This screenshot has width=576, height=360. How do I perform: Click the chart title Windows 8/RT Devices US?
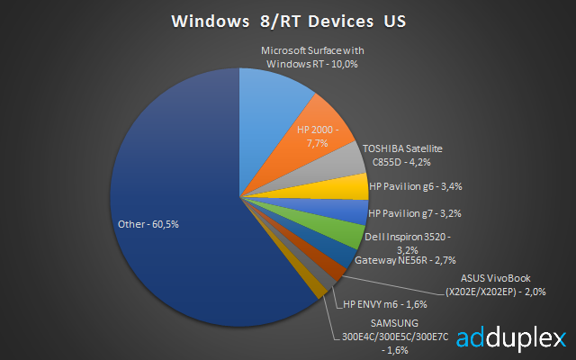289,22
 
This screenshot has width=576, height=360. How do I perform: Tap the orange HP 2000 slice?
312,139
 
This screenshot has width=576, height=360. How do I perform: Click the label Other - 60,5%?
148,224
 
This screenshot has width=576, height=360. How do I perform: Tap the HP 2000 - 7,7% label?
318,136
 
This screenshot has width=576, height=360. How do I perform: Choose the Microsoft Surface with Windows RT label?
312,58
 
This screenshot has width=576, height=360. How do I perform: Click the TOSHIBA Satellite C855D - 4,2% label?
402,156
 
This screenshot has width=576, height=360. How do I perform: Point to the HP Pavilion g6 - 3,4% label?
416,186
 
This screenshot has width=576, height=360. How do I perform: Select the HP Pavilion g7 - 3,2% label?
415,213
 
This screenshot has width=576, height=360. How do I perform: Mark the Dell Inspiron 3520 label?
408,243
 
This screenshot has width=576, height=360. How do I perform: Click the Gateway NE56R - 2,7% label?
405,260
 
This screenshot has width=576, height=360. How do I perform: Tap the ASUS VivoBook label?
496,285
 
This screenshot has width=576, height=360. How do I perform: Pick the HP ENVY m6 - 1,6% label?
385,304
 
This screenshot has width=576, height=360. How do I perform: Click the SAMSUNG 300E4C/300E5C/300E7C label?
395,337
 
